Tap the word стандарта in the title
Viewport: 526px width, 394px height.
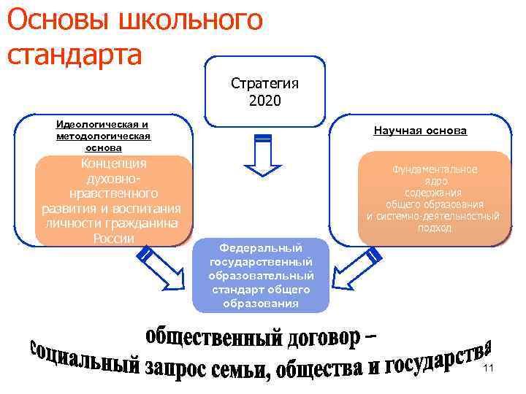pyautogui.click(x=74, y=55)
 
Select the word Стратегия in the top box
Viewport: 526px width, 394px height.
pyautogui.click(x=264, y=83)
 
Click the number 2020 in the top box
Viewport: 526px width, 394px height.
pyautogui.click(x=264, y=99)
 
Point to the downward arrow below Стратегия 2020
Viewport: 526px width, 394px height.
pyautogui.click(x=264, y=156)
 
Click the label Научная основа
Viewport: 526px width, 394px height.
pyautogui.click(x=419, y=131)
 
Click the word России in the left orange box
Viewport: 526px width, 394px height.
pyautogui.click(x=114, y=239)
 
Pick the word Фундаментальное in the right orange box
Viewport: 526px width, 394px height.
pyautogui.click(x=434, y=169)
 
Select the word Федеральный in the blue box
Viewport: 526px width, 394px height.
pyautogui.click(x=261, y=248)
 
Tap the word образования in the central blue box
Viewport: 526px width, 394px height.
pyautogui.click(x=261, y=303)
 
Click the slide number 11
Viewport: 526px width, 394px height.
pyautogui.click(x=489, y=369)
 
